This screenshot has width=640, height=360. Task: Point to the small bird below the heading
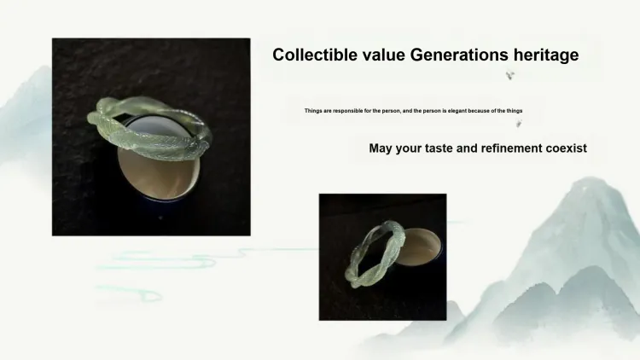tap(509, 75)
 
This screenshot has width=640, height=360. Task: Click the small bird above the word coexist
tap(518, 123)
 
